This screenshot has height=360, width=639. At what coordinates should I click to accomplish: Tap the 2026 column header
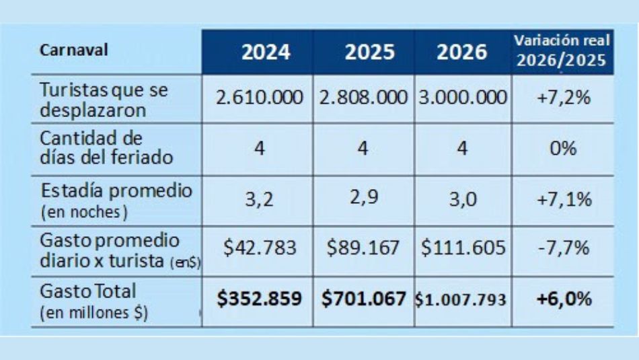461,52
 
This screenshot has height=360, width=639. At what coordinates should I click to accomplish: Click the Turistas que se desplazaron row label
104,100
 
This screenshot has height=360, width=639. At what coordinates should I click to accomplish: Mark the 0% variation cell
563,148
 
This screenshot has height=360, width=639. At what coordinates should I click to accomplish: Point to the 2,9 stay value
363,199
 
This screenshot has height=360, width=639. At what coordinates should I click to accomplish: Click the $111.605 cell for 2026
463,248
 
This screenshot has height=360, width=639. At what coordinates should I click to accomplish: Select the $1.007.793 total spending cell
463,300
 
